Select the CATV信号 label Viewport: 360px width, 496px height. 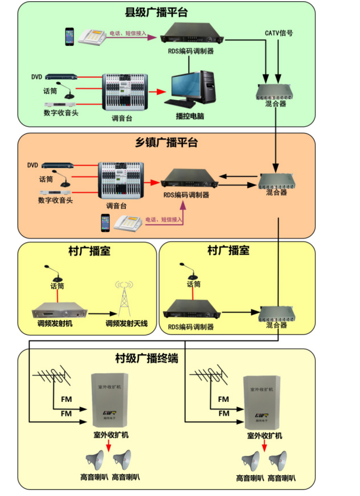click(278, 33)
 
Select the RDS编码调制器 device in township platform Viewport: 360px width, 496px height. click(186, 178)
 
